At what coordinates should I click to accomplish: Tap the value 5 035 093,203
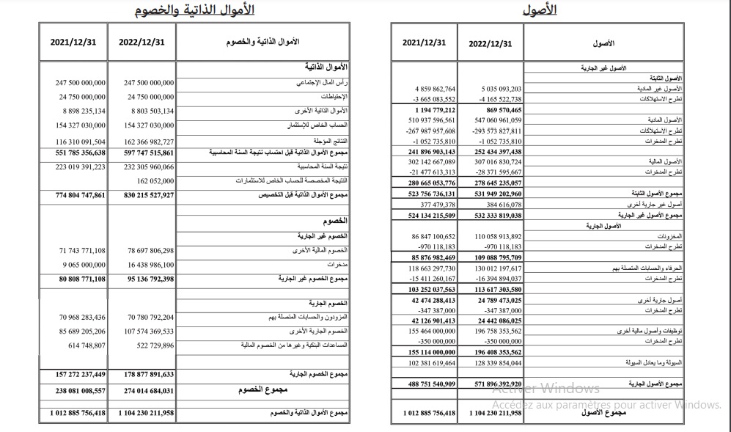491,89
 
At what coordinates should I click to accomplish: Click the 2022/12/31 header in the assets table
490,43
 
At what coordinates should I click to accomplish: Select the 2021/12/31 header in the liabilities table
73,42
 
